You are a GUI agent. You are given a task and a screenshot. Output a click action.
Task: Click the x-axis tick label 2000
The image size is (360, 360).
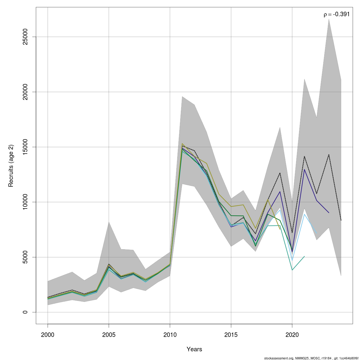click(x=48, y=334)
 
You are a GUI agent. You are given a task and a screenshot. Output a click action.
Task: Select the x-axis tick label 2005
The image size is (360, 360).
click(x=109, y=334)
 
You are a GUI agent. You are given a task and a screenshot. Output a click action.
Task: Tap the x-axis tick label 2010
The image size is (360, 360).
click(x=170, y=334)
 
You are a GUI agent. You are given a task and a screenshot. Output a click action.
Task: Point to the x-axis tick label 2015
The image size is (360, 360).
click(x=231, y=334)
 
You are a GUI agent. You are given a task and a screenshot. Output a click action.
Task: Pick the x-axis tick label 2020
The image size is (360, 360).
click(x=292, y=334)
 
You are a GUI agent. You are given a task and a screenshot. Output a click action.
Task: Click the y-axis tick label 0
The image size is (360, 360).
click(x=25, y=312)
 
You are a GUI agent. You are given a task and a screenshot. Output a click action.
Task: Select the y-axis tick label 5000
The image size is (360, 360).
click(x=25, y=257)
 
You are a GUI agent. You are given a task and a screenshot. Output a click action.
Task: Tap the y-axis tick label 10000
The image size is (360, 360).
click(x=25, y=202)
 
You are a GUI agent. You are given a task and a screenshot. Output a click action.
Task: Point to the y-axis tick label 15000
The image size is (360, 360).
click(x=25, y=147)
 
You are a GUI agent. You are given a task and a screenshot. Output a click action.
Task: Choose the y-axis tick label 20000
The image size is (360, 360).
click(x=25, y=92)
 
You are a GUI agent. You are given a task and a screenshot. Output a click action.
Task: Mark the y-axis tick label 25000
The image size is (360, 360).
click(x=25, y=37)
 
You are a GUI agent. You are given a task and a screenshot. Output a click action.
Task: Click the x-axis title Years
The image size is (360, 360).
click(x=194, y=349)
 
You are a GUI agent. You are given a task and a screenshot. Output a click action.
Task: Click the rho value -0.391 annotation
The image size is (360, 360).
click(x=337, y=14)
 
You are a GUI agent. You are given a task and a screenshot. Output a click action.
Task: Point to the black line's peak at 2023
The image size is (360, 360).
click(x=329, y=154)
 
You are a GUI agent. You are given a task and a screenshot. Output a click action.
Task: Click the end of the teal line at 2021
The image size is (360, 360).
click(x=304, y=256)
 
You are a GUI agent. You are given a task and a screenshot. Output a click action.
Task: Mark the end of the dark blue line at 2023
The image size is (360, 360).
click(x=329, y=213)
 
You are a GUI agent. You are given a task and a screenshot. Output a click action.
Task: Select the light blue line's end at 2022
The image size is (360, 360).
click(x=316, y=233)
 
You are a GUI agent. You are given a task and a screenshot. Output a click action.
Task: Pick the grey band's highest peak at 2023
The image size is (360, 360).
click(x=329, y=19)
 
